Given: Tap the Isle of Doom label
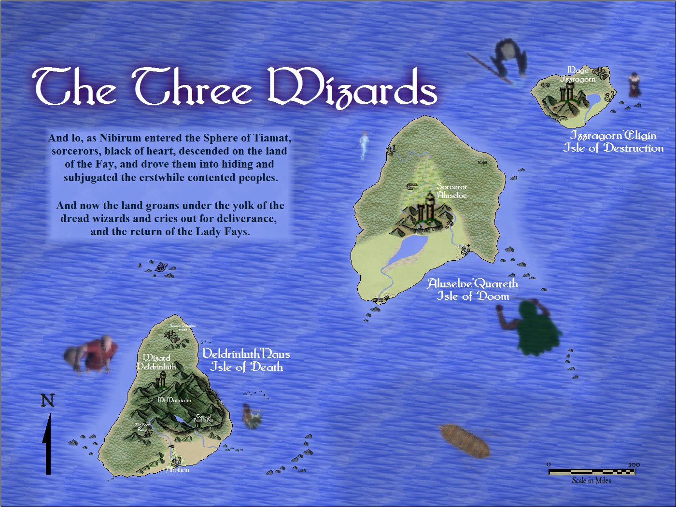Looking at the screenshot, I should [x=473, y=296].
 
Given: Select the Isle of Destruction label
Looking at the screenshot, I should [x=613, y=148].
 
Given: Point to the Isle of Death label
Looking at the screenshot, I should [x=246, y=367].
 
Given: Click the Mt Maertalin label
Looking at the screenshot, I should [x=174, y=400].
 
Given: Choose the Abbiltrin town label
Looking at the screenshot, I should [x=178, y=470].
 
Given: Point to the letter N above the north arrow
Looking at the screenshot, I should [x=48, y=400].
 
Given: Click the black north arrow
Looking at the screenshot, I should [x=48, y=444].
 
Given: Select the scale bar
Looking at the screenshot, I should [x=591, y=472].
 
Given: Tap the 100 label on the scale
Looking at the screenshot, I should [x=634, y=465].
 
